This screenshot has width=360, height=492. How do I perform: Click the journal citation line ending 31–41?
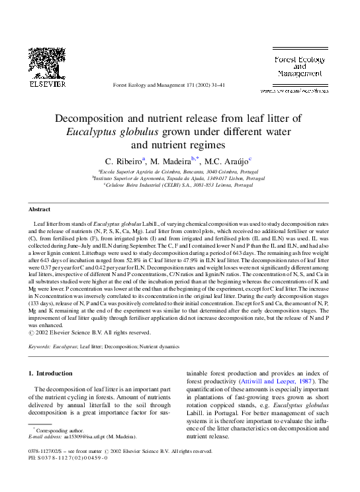(x=169, y=85)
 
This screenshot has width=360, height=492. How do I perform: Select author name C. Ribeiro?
(x=125, y=161)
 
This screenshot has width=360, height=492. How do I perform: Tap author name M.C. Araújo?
(x=228, y=161)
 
